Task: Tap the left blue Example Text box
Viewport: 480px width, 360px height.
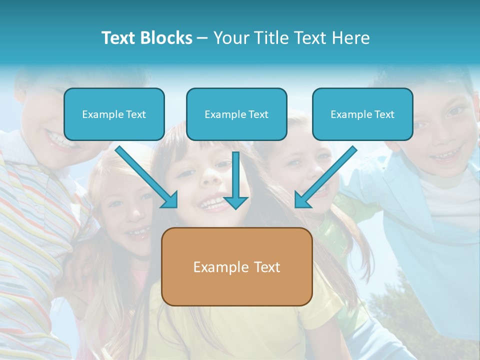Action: click(x=114, y=114)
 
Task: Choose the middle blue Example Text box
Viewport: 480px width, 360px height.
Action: click(x=236, y=114)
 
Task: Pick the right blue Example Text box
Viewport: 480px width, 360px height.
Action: click(x=362, y=114)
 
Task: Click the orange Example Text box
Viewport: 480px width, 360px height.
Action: click(x=236, y=267)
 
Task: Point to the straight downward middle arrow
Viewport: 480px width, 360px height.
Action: click(x=235, y=180)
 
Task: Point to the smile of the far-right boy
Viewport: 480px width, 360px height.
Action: click(x=444, y=156)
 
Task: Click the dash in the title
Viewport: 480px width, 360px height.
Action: click(x=202, y=38)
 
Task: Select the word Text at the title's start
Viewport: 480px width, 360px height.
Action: click(x=119, y=38)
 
